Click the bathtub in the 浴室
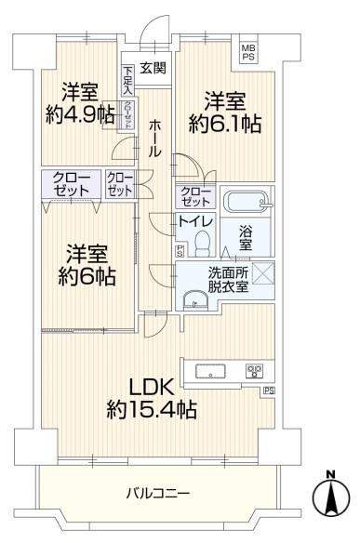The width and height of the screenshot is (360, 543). tap(244, 202)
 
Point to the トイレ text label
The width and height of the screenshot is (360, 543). tap(197, 220)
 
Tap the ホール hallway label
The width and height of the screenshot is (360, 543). tap(153, 135)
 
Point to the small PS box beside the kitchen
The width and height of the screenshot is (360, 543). tap(270, 390)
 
